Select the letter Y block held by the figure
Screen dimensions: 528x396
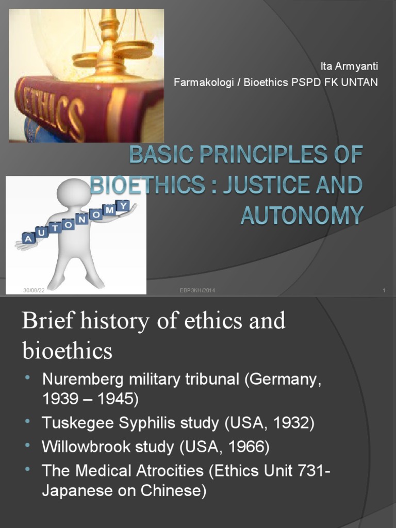[124, 206]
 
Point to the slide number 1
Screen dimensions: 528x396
[384, 291]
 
